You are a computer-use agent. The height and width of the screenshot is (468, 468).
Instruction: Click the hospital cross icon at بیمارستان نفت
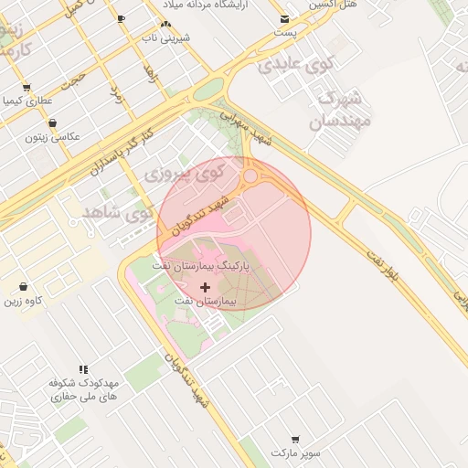tap(205, 287)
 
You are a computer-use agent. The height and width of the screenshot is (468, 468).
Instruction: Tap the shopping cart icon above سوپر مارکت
tap(295, 440)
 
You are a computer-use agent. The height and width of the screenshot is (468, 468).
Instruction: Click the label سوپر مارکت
tap(295, 452)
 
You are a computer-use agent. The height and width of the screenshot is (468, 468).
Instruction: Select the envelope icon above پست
tap(286, 19)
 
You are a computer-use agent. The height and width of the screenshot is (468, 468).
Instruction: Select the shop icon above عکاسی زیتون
tap(52, 123)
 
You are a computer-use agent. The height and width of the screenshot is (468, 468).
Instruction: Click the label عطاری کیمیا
tap(27, 101)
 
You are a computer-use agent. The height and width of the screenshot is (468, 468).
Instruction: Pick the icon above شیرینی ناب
tap(165, 25)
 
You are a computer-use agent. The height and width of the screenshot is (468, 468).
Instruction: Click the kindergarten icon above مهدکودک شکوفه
tap(83, 370)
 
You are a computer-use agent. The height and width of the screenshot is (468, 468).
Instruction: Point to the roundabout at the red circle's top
tap(250, 175)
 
